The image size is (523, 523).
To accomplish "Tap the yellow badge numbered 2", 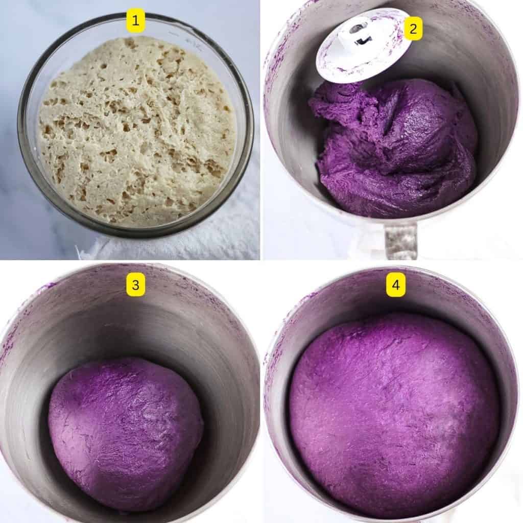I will click(413, 31).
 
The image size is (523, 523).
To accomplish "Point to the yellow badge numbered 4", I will click(396, 287).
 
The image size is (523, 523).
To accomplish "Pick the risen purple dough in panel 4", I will click(393, 414).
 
